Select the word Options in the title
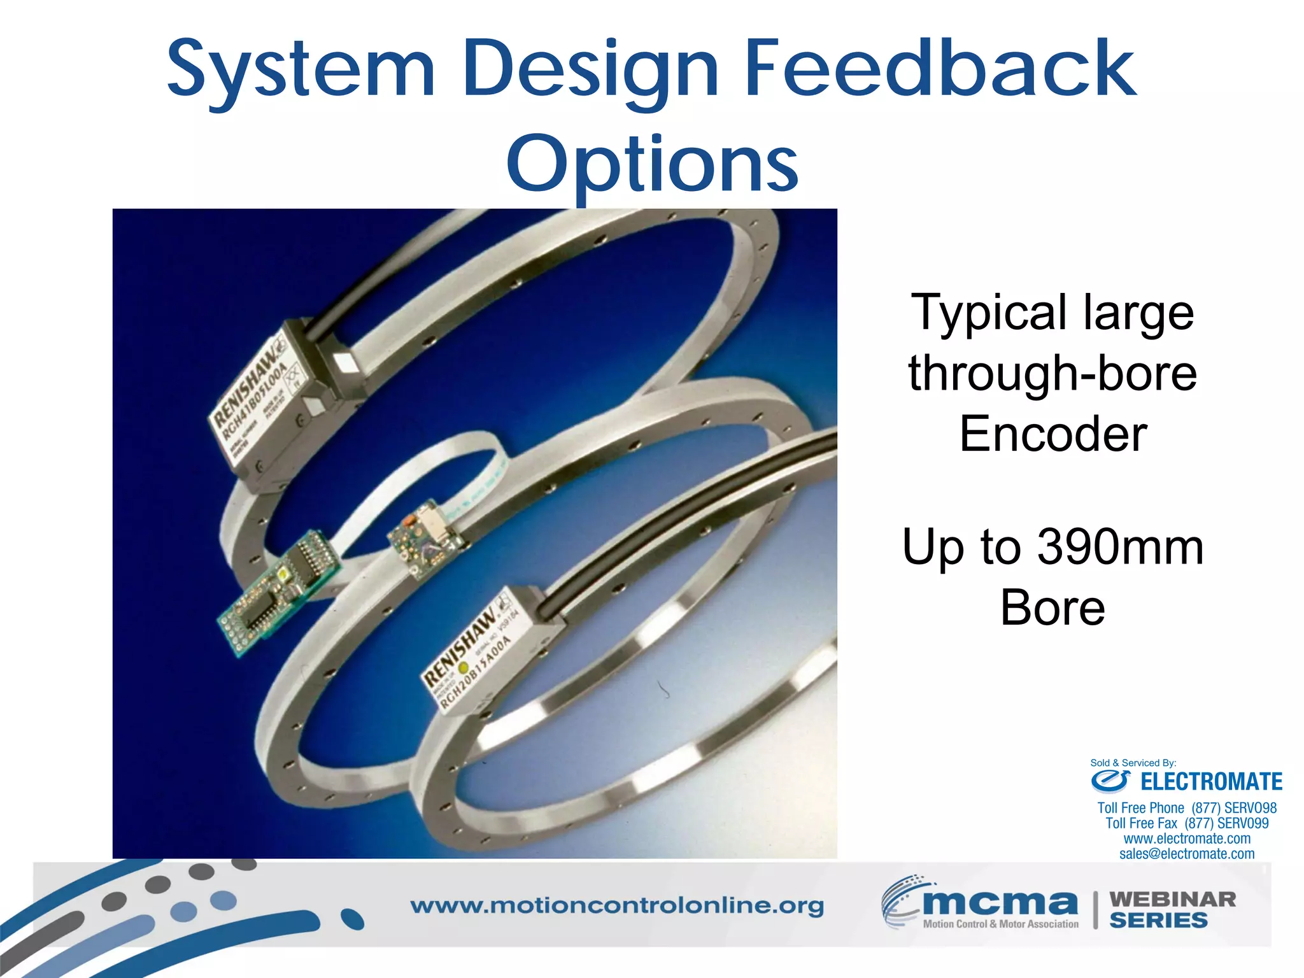(x=652, y=164)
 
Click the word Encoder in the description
(x=1053, y=434)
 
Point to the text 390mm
(x=1121, y=547)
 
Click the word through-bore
(x=1052, y=374)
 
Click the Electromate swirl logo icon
(x=1110, y=780)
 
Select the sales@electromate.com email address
(x=1187, y=854)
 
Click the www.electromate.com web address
(x=1187, y=839)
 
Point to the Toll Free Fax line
(x=1187, y=824)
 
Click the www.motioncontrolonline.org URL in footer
(x=616, y=906)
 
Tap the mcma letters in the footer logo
(x=1000, y=902)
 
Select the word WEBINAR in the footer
(x=1172, y=900)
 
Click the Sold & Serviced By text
(x=1133, y=763)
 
